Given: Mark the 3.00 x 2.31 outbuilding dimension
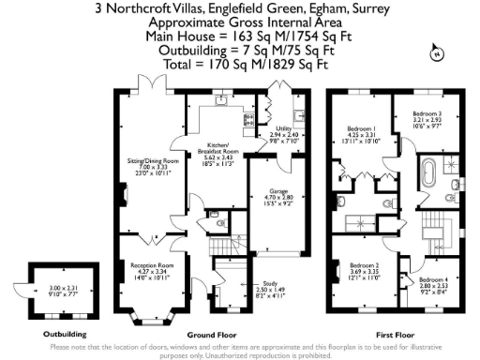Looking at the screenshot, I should coord(61,288).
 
